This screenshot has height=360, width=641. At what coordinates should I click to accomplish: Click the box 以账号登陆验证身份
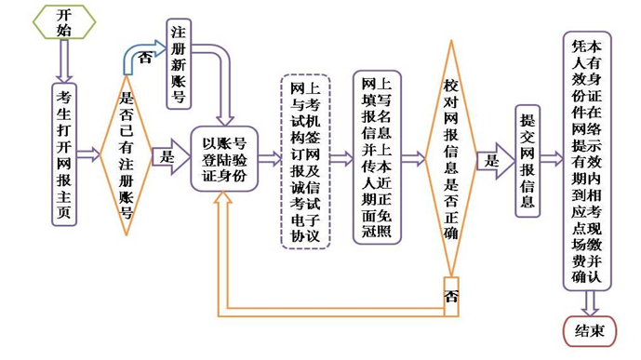click(223, 158)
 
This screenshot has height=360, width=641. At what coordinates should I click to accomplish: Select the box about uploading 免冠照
click(377, 157)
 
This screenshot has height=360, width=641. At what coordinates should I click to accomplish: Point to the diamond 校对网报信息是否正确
click(451, 158)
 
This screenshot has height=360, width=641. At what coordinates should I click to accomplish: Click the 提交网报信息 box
click(527, 159)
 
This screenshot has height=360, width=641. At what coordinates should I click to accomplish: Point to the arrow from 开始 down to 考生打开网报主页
click(63, 60)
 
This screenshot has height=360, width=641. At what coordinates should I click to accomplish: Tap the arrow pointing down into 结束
click(588, 303)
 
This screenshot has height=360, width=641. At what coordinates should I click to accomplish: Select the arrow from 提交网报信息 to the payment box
click(553, 159)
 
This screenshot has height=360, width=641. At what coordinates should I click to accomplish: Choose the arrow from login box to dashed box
click(269, 159)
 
